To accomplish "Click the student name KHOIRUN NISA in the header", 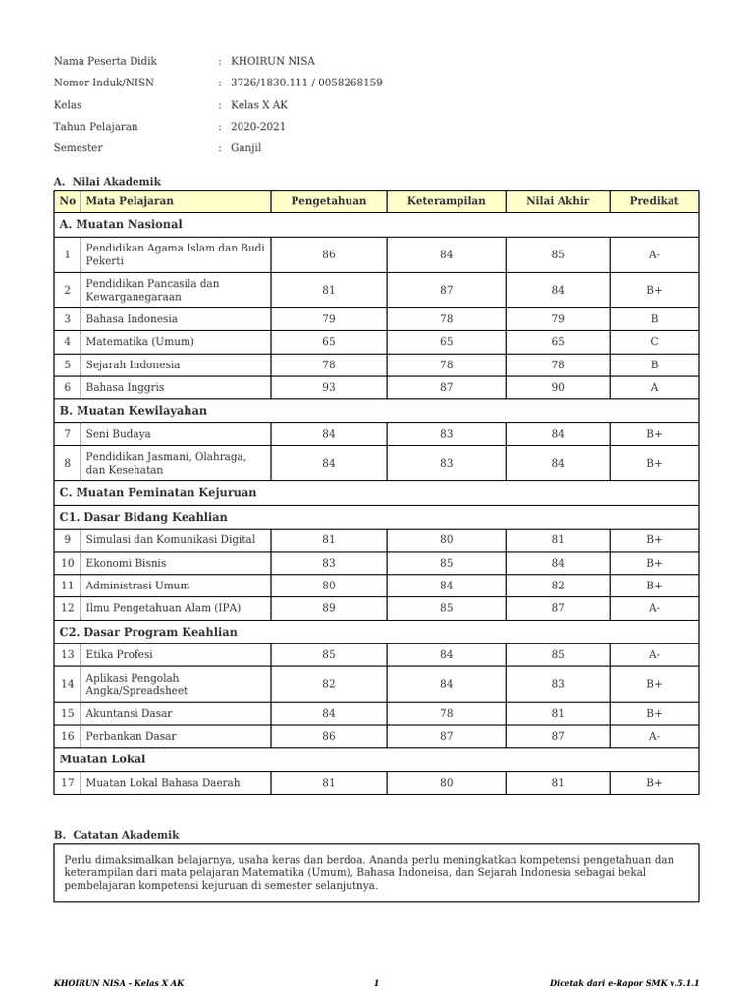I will pyautogui.click(x=273, y=61).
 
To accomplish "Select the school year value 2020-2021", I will pyautogui.click(x=258, y=126).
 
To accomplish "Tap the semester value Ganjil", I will pyautogui.click(x=246, y=148).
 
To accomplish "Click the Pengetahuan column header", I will pyautogui.click(x=328, y=201).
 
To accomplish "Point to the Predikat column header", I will pyautogui.click(x=654, y=201).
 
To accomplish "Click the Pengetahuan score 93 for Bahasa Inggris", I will pyautogui.click(x=328, y=387).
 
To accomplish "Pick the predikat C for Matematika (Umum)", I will pyautogui.click(x=654, y=342).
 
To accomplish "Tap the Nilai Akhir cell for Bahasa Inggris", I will pyautogui.click(x=558, y=387).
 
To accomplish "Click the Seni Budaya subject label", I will pyautogui.click(x=119, y=433).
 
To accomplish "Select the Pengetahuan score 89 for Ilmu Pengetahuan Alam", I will pyautogui.click(x=328, y=608).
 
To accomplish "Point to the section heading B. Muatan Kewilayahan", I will pyautogui.click(x=134, y=411).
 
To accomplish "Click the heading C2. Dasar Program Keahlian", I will pyautogui.click(x=148, y=632).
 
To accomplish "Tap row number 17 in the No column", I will pyautogui.click(x=67, y=783).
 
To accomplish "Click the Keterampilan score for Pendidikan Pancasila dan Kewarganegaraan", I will pyautogui.click(x=447, y=290).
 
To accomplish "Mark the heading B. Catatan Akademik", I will pyautogui.click(x=117, y=835).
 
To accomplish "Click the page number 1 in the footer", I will pyautogui.click(x=376, y=983).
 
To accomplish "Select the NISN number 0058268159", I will pyautogui.click(x=349, y=83).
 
